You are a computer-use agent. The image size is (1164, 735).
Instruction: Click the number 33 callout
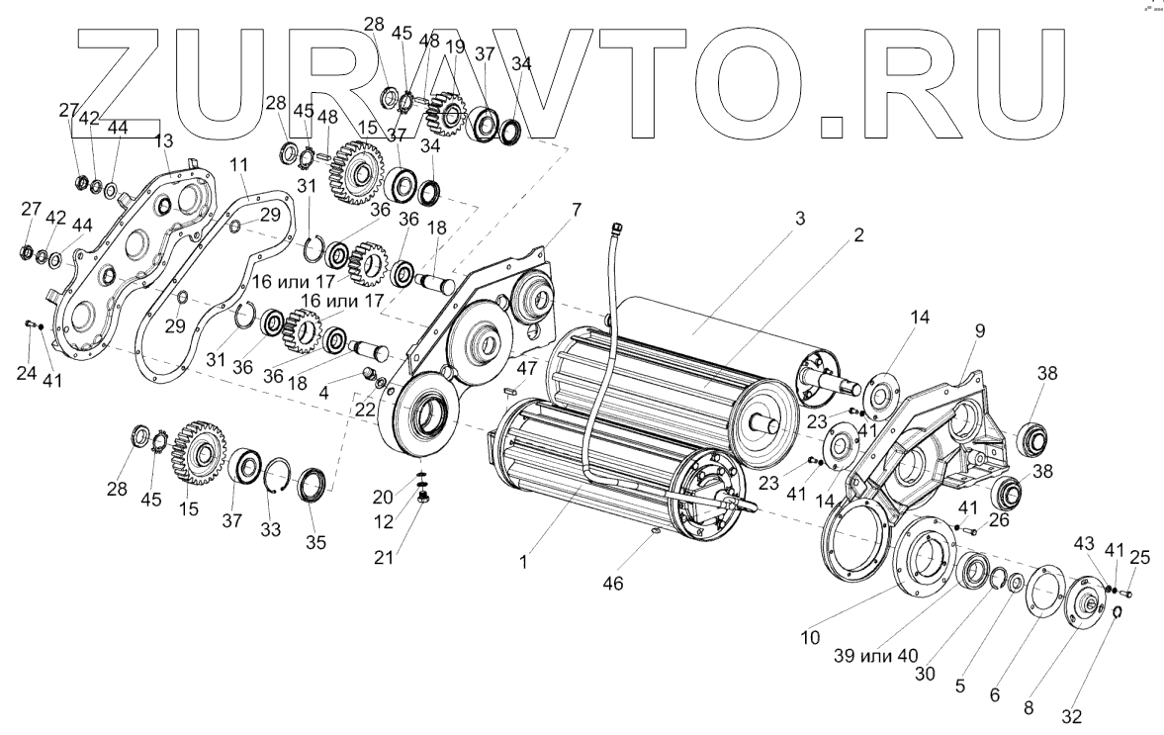(269, 530)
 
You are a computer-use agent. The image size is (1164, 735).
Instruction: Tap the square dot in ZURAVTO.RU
(834, 126)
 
